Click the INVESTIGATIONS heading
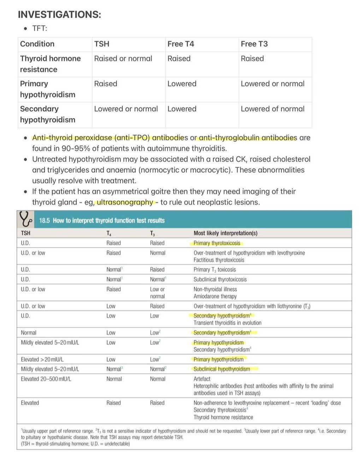pyautogui.click(x=59, y=14)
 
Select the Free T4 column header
pyautogui.click(x=181, y=44)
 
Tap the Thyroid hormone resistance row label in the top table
pyautogui.click(x=50, y=64)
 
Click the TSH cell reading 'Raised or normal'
pyautogui.click(x=123, y=59)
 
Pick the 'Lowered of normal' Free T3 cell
pyautogui.click(x=272, y=109)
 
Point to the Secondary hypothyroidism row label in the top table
pyautogui.click(x=47, y=114)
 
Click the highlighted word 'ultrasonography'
pyautogui.click(x=125, y=202)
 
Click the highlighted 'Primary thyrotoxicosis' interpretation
pyautogui.click(x=217, y=243)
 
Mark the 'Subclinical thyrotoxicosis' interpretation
pyautogui.click(x=220, y=279)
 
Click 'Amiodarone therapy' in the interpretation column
pyautogui.click(x=215, y=296)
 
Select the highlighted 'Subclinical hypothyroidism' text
pyautogui.click(x=222, y=369)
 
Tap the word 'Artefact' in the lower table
pyautogui.click(x=202, y=379)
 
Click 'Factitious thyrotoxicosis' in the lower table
pyautogui.click(x=219, y=260)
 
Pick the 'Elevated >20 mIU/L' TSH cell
pyautogui.click(x=42, y=359)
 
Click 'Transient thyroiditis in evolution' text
pyautogui.click(x=228, y=323)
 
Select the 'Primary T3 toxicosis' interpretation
pyautogui.click(x=215, y=270)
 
